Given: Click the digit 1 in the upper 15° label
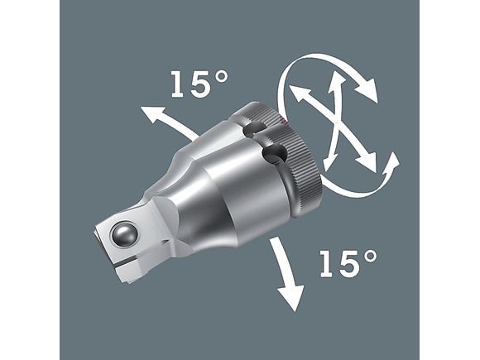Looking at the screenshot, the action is point(177,84).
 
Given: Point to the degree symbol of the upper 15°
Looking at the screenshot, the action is point(221,78).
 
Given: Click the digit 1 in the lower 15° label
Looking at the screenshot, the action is point(326,263).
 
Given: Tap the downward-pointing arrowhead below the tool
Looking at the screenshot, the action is point(290,298).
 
